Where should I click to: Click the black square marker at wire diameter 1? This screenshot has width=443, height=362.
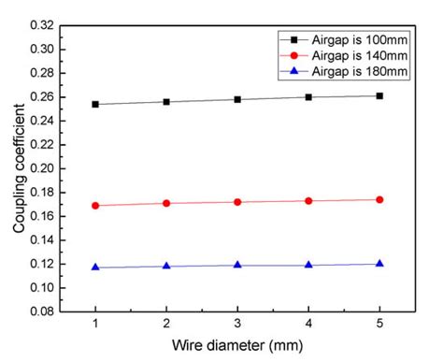tap(95, 104)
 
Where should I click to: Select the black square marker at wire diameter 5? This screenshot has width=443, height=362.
tap(379, 95)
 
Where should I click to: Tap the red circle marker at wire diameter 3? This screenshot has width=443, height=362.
tap(237, 202)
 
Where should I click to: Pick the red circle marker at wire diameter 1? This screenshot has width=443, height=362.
tap(95, 205)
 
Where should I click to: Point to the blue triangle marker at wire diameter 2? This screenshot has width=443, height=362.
tap(166, 266)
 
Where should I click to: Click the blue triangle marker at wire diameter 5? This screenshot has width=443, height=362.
tap(379, 264)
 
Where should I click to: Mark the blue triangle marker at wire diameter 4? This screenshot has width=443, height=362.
tap(308, 265)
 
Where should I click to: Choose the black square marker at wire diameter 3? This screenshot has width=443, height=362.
tap(237, 99)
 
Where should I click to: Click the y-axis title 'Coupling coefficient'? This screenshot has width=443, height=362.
tap(18, 169)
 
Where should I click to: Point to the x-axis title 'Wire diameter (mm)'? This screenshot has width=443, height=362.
tap(237, 347)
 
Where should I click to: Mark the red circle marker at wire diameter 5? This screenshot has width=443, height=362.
tap(379, 199)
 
